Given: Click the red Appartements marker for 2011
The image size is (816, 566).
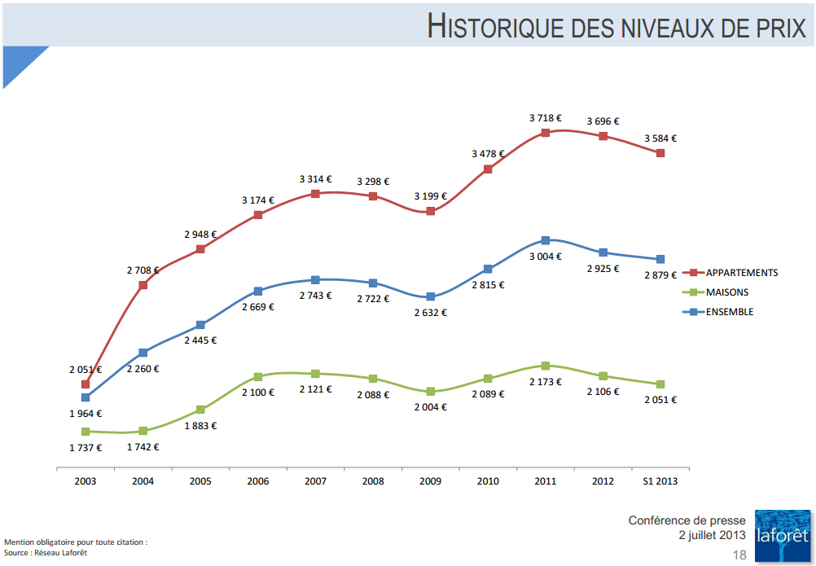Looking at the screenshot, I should click(x=546, y=132).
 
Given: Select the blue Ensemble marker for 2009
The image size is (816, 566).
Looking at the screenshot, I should click(x=431, y=296).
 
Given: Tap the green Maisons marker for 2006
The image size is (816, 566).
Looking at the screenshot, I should click(x=257, y=377).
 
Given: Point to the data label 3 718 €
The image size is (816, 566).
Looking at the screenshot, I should click(x=545, y=118).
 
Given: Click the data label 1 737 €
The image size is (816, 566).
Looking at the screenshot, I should click(x=86, y=447).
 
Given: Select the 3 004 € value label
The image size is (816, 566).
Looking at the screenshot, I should click(x=545, y=256).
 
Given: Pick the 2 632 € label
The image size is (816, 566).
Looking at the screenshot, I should click(x=430, y=312).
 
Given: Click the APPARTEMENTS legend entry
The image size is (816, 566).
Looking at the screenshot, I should click(x=742, y=273).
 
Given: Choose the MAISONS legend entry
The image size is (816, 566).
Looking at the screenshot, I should click(x=727, y=292).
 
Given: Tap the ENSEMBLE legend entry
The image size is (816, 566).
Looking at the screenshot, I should click(x=730, y=312).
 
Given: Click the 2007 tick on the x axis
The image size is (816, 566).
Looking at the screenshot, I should click(x=315, y=481).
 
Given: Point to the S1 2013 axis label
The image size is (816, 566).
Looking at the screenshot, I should click(x=660, y=481).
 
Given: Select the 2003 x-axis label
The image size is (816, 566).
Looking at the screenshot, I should click(x=86, y=481).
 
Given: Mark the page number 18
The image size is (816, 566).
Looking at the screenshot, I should click(x=739, y=555).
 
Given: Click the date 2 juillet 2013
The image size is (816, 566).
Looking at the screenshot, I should click(x=712, y=535).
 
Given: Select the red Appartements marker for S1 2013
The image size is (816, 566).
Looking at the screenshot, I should click(x=660, y=153).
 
